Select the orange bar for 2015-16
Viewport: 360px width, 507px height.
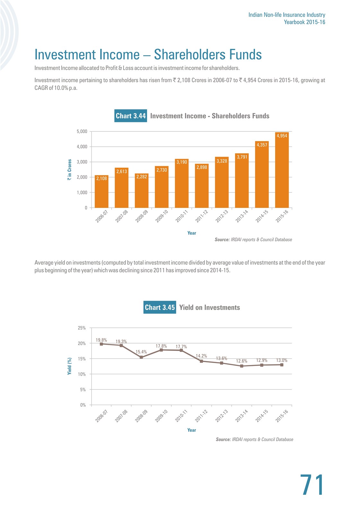point(282,170)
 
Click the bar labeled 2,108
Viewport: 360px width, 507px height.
point(101,191)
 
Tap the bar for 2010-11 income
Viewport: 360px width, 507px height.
point(182,183)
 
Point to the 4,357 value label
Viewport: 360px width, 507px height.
point(262,145)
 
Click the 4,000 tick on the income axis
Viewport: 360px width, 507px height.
point(82,147)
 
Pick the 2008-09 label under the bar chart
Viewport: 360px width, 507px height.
point(141,216)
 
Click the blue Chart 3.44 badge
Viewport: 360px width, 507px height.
point(131,116)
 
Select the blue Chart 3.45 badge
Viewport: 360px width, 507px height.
point(160,307)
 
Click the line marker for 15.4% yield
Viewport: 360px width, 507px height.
point(141,357)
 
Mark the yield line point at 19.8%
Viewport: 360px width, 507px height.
point(101,344)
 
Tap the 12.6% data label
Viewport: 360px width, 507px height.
point(242,361)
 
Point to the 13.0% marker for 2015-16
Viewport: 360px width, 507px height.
point(282,365)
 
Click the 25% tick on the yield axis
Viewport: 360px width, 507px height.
point(82,328)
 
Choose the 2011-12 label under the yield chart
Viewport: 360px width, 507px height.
point(201,416)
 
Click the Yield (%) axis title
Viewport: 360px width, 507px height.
point(69,366)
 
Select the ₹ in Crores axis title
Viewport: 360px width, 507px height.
point(69,170)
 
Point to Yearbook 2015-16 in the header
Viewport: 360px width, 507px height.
point(304,22)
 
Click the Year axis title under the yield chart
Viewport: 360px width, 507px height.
point(192,430)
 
